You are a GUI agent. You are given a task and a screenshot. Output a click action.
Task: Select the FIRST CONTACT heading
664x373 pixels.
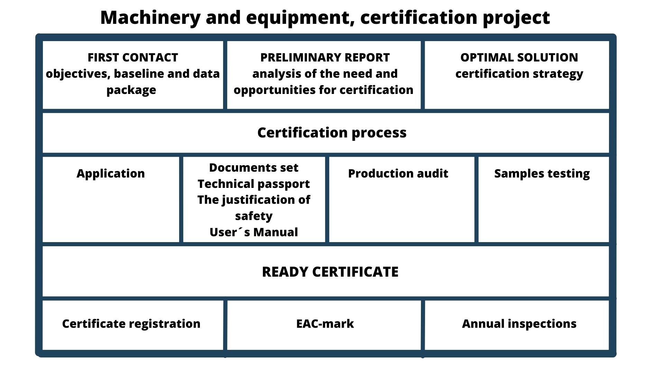[x=133, y=57]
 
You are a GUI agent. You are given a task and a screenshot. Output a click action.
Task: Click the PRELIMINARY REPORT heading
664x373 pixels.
[x=325, y=57]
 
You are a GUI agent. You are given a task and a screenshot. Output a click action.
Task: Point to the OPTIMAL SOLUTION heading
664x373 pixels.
[x=519, y=57]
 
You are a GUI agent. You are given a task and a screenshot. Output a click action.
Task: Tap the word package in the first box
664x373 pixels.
[x=131, y=90]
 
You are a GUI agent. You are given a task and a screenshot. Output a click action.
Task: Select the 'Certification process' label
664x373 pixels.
[x=332, y=133]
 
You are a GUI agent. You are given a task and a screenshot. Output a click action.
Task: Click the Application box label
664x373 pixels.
[x=111, y=174]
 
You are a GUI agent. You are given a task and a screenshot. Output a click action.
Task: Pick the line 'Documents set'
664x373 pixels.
[x=254, y=168]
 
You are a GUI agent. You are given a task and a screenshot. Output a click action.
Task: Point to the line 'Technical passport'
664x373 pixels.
[x=254, y=184]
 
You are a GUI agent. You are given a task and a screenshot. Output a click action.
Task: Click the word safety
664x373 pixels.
[x=254, y=216]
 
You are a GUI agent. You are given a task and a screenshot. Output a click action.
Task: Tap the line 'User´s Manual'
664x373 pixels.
[x=254, y=232]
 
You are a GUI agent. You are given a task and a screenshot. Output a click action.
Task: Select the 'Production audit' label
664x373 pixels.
[x=398, y=173]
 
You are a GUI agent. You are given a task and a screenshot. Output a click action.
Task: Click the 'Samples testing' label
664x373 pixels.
[x=542, y=174]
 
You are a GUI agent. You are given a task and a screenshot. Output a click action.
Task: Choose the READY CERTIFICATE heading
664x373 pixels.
[x=330, y=272]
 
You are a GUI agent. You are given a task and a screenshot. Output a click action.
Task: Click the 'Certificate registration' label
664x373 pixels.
[x=131, y=324]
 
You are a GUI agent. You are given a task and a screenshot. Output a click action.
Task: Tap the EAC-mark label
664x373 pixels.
[x=325, y=324]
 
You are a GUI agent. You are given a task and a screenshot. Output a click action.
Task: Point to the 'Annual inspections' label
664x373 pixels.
[x=519, y=324]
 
